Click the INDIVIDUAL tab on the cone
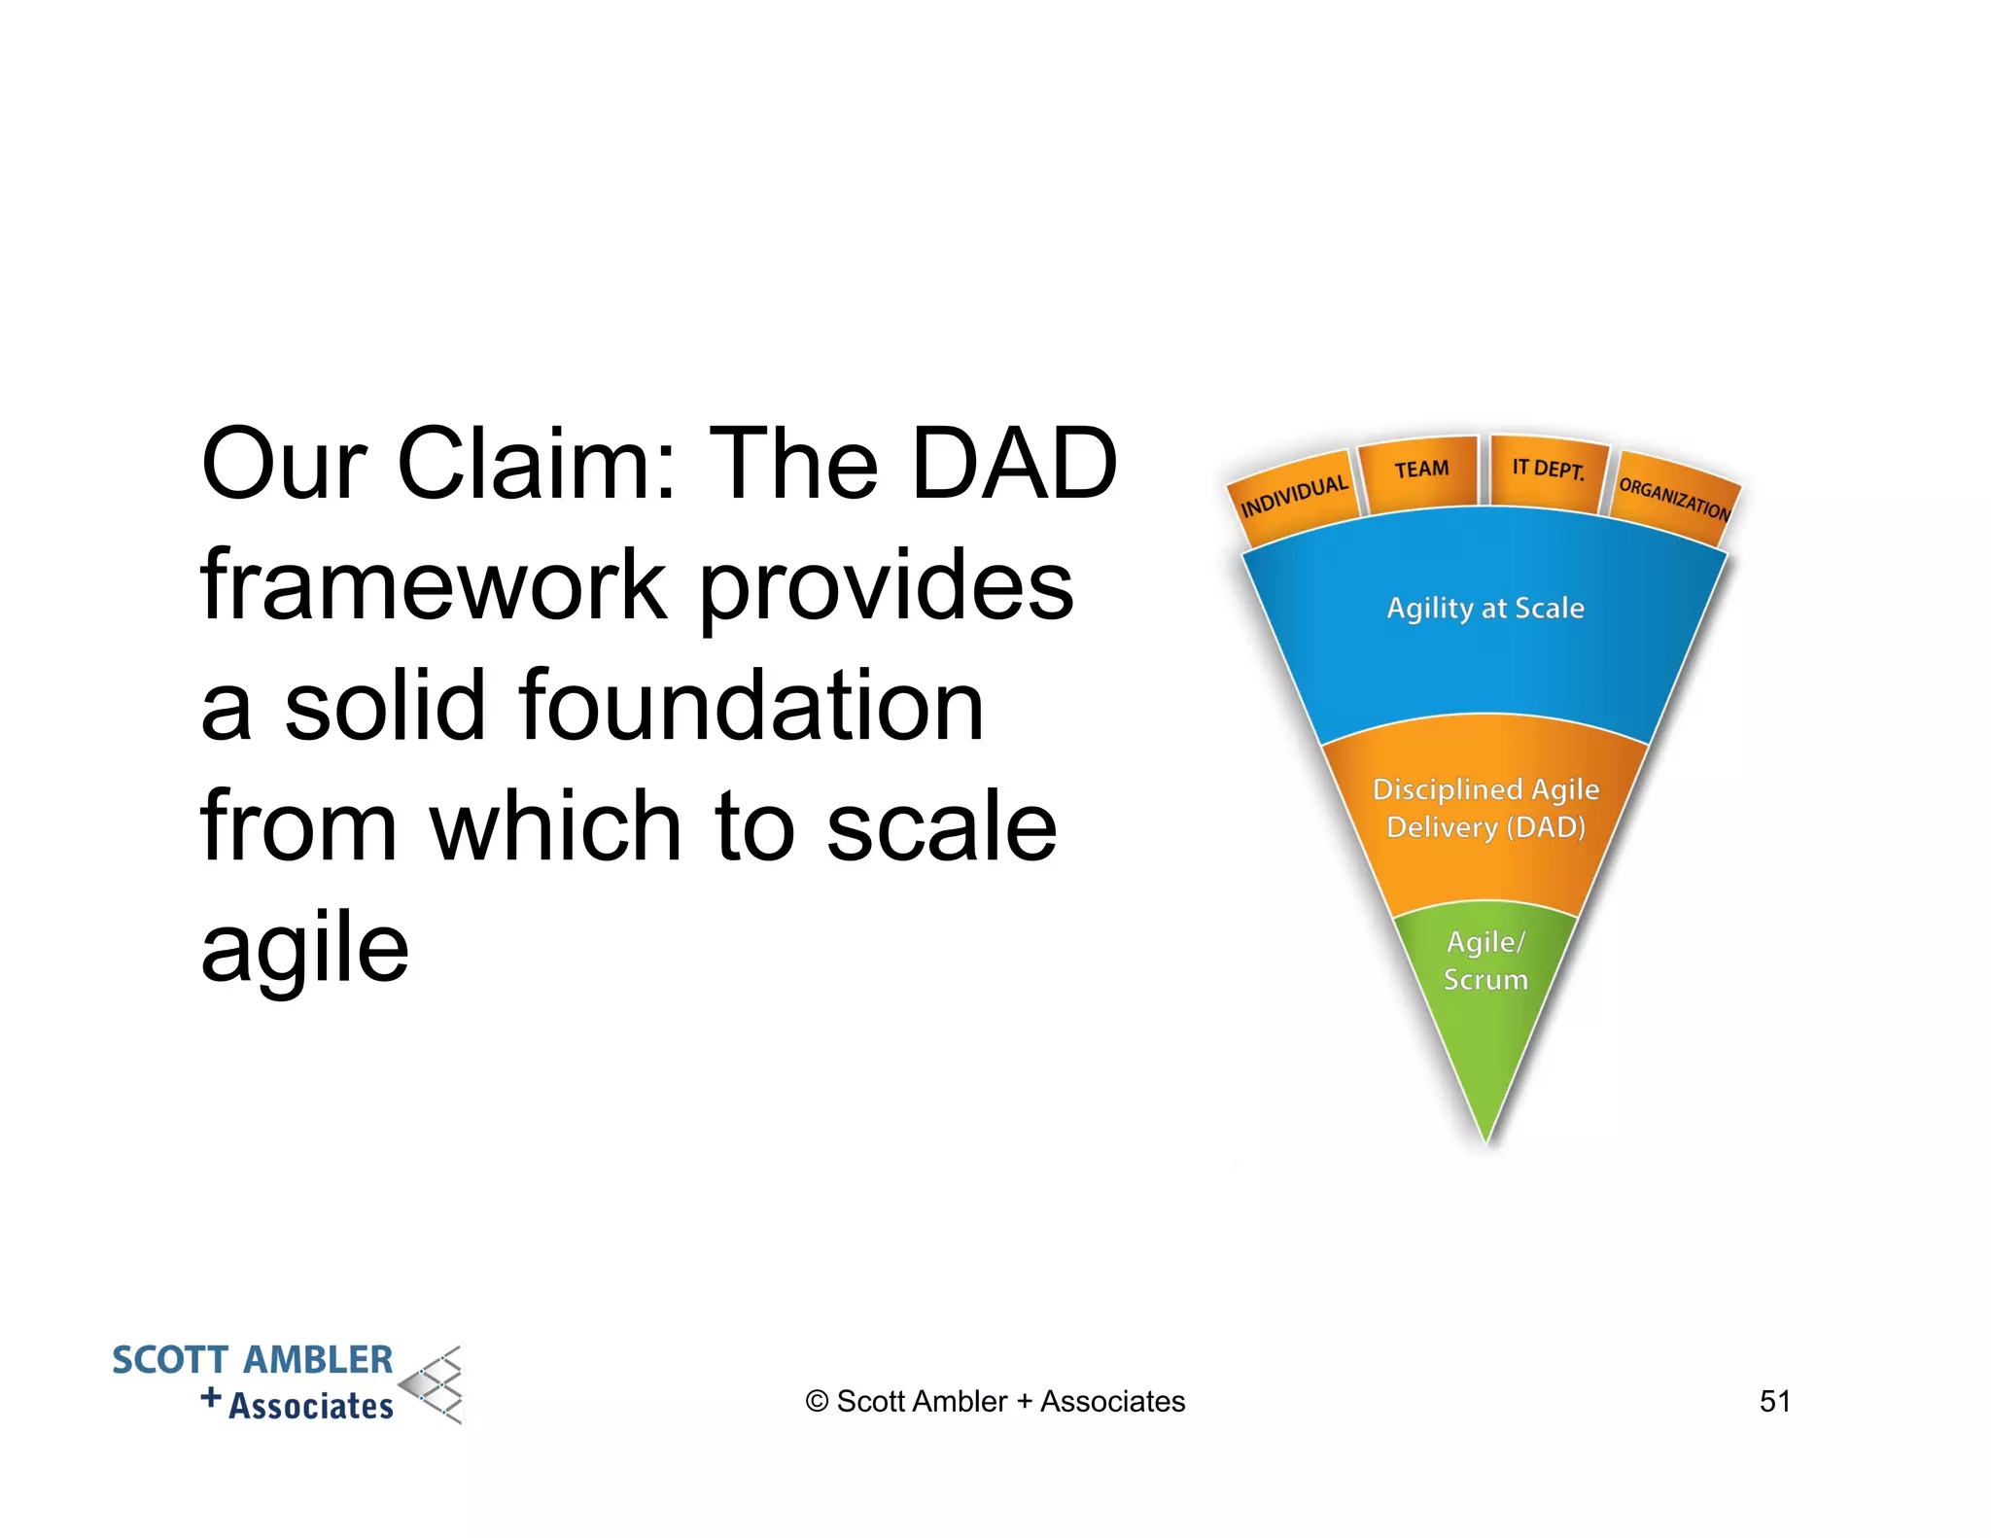(1294, 496)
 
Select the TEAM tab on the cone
(1420, 471)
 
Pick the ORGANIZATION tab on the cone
(1674, 499)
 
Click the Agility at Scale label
(1485, 609)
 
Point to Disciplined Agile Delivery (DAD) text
(1485, 808)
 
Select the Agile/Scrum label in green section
(1485, 961)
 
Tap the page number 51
(1774, 1401)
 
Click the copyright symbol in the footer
(817, 1402)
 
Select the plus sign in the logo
(211, 1398)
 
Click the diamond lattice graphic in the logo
(434, 1384)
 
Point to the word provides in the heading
(886, 586)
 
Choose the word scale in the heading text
(941, 826)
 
